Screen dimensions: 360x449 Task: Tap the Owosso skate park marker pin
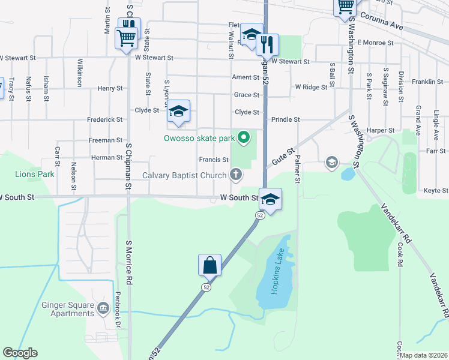(243, 139)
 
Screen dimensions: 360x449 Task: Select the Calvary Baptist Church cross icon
(237, 175)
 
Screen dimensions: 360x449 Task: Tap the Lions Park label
(34, 174)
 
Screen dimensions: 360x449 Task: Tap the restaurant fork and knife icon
(267, 44)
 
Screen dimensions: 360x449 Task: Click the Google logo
(20, 353)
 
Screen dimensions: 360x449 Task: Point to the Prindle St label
(285, 120)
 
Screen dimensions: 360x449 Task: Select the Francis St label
(214, 160)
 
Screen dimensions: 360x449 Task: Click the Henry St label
(110, 88)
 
